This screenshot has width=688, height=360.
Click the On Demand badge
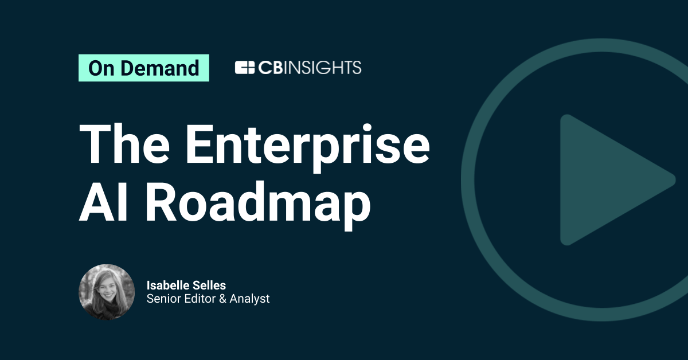click(143, 68)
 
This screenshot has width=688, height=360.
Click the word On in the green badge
click(100, 68)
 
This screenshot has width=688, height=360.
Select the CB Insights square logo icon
click(244, 68)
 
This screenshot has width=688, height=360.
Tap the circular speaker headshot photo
click(107, 292)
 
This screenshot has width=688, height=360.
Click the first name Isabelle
click(167, 285)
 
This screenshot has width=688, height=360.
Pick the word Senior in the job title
click(162, 299)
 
